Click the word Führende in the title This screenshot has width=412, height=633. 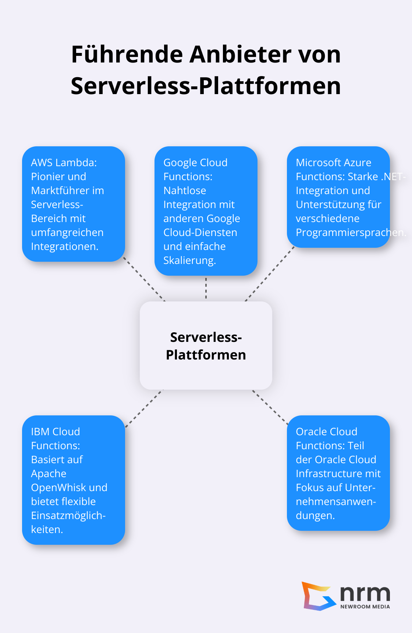(127, 54)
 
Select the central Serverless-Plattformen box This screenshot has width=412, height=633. (206, 346)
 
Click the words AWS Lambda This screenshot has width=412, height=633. (64, 162)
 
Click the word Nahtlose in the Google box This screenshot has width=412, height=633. (185, 190)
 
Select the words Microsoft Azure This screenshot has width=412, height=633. (333, 162)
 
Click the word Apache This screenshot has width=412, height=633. (49, 473)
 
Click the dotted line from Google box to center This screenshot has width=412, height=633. (206, 288)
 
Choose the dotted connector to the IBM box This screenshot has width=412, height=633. (144, 408)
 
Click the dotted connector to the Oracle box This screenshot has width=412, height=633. (270, 407)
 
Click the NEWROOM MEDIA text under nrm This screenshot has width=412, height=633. (365, 607)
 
